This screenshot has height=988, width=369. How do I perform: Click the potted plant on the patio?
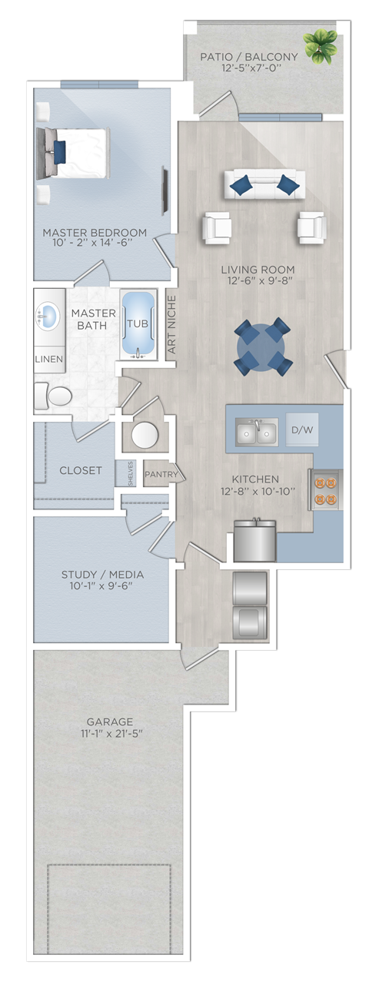point(320,45)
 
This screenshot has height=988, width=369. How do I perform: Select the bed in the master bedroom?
point(72,153)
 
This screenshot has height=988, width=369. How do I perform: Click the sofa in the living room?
point(264,184)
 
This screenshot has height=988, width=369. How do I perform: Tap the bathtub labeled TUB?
point(138,323)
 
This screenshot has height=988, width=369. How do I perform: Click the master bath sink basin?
point(48,316)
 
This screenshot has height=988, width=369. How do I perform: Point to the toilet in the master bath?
point(53,396)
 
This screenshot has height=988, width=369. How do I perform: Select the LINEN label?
point(48,359)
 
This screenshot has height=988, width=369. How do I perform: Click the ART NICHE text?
point(171,324)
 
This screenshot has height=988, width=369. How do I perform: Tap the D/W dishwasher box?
point(302,429)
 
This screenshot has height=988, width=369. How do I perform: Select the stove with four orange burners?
point(326,489)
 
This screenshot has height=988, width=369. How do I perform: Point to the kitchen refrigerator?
point(254,541)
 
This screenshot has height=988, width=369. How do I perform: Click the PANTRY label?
point(161,474)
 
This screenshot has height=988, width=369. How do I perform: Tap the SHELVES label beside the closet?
point(131,474)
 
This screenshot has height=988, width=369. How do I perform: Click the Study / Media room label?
point(102,574)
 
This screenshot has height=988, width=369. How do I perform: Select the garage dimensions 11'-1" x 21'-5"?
point(110,734)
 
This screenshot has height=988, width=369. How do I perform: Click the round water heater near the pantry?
point(145,436)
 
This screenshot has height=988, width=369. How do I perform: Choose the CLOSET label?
point(80,470)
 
